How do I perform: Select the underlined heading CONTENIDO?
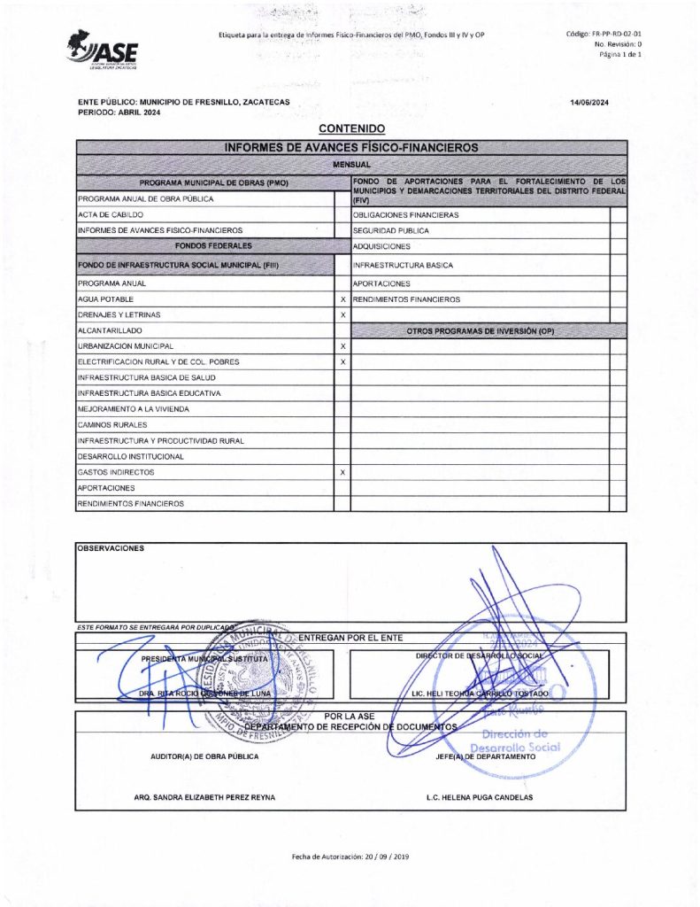point(351,129)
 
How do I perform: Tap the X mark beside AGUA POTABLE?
point(342,300)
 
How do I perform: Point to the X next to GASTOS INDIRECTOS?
point(342,473)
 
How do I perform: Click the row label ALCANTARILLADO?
point(110,330)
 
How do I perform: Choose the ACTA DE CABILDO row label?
point(110,215)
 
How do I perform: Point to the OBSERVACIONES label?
point(111,548)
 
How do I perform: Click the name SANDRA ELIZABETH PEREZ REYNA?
point(204,797)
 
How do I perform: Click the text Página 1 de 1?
point(619,55)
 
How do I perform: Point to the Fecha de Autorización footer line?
point(350,857)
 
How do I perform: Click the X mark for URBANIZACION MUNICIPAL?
point(342,346)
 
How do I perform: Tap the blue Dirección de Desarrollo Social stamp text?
point(520,740)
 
